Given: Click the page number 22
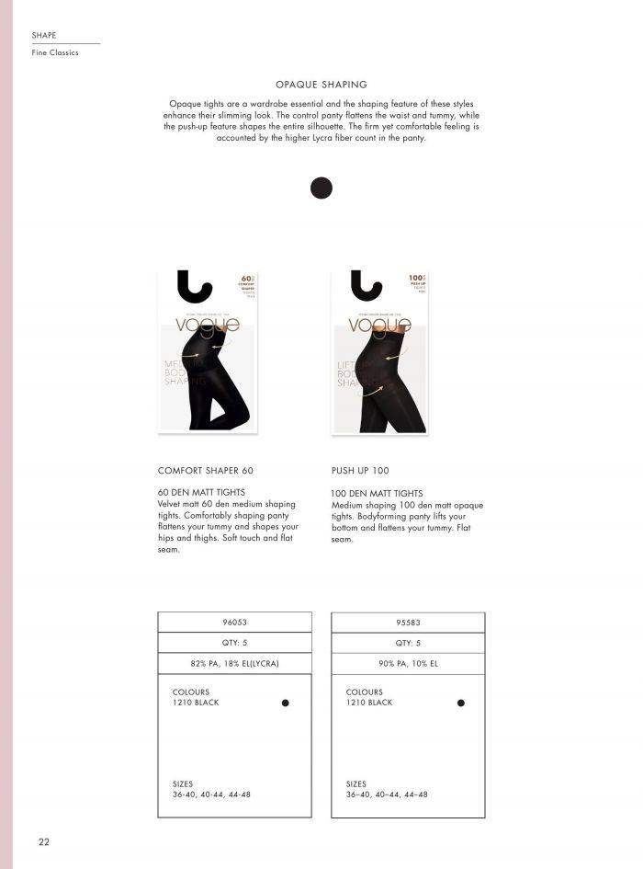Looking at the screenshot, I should coord(43,841).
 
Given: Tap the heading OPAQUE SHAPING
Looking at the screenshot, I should coord(321,84).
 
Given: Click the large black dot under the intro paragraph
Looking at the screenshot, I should coord(321,188).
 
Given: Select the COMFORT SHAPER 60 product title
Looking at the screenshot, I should coord(206,470).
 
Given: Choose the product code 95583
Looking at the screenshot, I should coord(408,622).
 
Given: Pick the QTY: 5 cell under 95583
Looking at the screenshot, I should coord(408,643).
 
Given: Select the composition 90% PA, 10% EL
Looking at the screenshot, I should coord(408,663).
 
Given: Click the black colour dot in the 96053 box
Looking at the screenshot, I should coord(286,703).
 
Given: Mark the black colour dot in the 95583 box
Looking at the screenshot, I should coord(460,703).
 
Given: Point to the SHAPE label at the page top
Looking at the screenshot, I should coord(44,35).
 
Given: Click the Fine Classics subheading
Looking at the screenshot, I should coord(55,53).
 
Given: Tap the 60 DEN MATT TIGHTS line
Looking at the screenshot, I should coord(202,493).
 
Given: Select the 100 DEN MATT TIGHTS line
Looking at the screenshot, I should coord(377,494).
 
